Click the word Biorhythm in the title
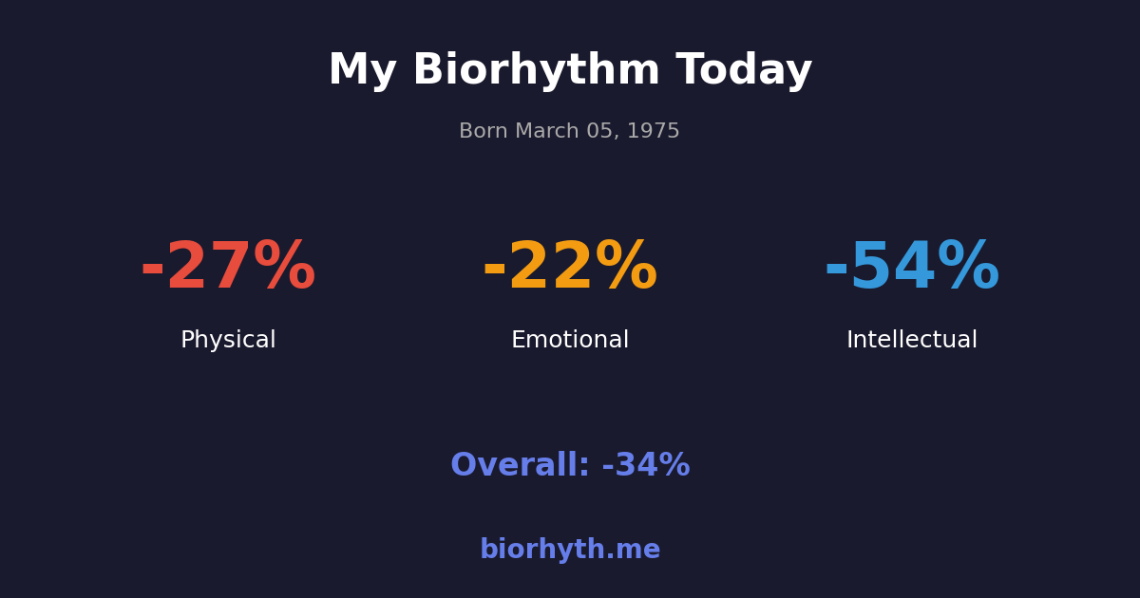pyautogui.click(x=536, y=71)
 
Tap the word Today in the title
pyautogui.click(x=744, y=71)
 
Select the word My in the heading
pyautogui.click(x=362, y=71)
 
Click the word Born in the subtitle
pyautogui.click(x=484, y=132)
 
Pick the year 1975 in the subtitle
pyautogui.click(x=654, y=132)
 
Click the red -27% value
pyautogui.click(x=228, y=268)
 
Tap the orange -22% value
pyautogui.click(x=570, y=268)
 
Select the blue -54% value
pyautogui.click(x=912, y=268)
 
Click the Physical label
pyautogui.click(x=228, y=341)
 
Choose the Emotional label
pyautogui.click(x=570, y=341)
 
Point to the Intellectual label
pyautogui.click(x=912, y=341)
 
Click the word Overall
pyautogui.click(x=520, y=466)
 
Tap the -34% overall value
pyautogui.click(x=646, y=466)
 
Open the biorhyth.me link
pyautogui.click(x=570, y=551)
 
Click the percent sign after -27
pyautogui.click(x=284, y=268)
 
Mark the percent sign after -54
pyautogui.click(x=968, y=268)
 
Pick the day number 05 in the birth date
pyautogui.click(x=601, y=132)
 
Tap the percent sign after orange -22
pyautogui.click(x=626, y=268)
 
